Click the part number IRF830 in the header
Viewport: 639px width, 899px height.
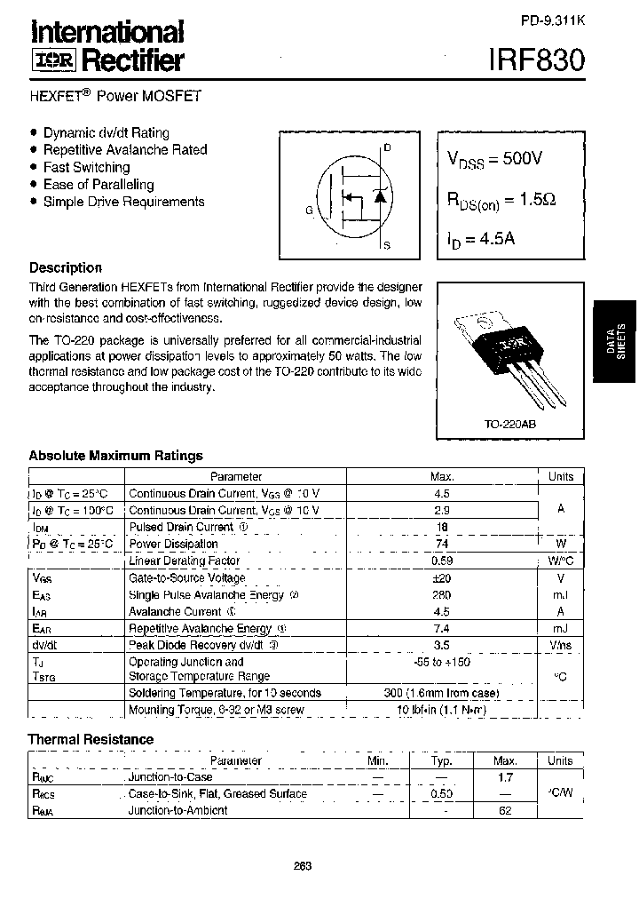pyautogui.click(x=536, y=60)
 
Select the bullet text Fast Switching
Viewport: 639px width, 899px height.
pyautogui.click(x=86, y=167)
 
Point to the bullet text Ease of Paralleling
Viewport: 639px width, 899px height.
pyautogui.click(x=99, y=185)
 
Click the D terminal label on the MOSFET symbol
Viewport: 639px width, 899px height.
pyautogui.click(x=386, y=147)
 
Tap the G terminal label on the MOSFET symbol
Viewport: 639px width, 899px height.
pyautogui.click(x=309, y=211)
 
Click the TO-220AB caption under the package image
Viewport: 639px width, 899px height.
pyautogui.click(x=509, y=425)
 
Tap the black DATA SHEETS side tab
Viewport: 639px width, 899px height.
pyautogui.click(x=615, y=343)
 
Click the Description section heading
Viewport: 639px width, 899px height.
pyautogui.click(x=66, y=267)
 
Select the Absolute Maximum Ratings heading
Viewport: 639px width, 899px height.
pyautogui.click(x=115, y=456)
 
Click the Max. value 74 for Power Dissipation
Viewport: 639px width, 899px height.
pyautogui.click(x=442, y=544)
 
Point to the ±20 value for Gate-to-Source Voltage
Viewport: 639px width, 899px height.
pyautogui.click(x=442, y=577)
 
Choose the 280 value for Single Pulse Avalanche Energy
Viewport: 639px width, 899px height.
pyautogui.click(x=442, y=594)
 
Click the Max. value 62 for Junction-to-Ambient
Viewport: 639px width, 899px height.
pyautogui.click(x=505, y=810)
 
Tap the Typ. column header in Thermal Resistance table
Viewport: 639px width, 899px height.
pyautogui.click(x=442, y=760)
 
